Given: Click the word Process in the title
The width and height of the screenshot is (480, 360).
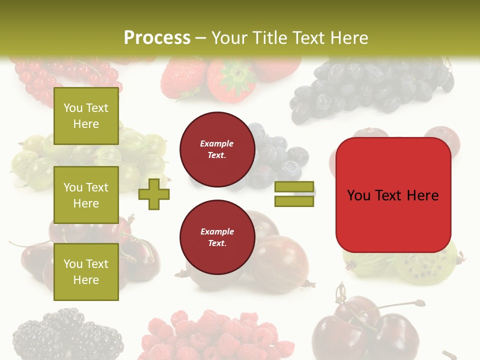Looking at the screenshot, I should pyautogui.click(x=157, y=38).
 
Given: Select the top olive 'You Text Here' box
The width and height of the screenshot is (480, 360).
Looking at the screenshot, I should pyautogui.click(x=86, y=116).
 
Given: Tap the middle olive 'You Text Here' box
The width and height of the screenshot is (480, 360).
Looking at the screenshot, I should pyautogui.click(x=86, y=195).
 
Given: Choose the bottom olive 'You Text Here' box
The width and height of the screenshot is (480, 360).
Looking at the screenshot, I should pyautogui.click(x=86, y=272).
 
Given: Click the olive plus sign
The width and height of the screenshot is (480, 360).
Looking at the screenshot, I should pyautogui.click(x=153, y=194).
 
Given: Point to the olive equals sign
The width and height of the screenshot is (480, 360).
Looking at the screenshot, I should pyautogui.click(x=294, y=194).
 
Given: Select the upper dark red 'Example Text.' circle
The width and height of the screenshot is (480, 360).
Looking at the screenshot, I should pyautogui.click(x=217, y=149).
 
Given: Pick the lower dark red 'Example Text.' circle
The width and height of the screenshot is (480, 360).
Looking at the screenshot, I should pyautogui.click(x=217, y=237).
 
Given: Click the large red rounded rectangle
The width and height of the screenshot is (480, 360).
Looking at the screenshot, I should pyautogui.click(x=393, y=195).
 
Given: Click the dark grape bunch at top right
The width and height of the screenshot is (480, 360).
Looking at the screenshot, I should pyautogui.click(x=370, y=87).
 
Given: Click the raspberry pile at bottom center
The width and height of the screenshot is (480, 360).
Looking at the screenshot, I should pyautogui.click(x=215, y=335).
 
